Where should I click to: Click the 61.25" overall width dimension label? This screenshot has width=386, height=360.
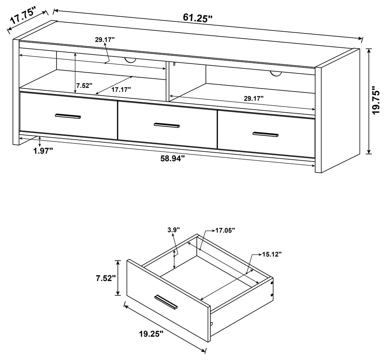tap(198, 18)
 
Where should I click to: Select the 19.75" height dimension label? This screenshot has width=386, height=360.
tap(376, 100)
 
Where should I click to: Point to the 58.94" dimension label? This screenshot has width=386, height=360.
tap(173, 159)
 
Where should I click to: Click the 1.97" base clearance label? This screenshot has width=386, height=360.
tap(43, 151)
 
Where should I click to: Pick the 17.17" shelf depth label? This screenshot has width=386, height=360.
tap(121, 90)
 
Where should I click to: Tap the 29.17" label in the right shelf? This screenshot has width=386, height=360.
tap(254, 99)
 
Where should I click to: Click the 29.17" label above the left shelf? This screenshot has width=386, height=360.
tap(105, 40)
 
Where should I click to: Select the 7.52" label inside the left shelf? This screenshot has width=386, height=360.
tap(84, 86)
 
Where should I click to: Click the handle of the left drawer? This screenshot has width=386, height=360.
tap(68, 116)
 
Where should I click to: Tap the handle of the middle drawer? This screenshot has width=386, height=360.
tap(167, 125)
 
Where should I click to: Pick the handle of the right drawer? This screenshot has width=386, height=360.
tap(266, 134)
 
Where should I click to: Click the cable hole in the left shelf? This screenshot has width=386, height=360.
tap(130, 61)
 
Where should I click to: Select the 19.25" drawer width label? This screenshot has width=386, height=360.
tap(151, 334)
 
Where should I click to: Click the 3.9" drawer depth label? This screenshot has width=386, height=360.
tap(174, 230)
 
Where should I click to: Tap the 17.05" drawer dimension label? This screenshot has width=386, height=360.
tap(225, 230)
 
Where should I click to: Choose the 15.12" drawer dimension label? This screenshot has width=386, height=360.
tap(271, 254)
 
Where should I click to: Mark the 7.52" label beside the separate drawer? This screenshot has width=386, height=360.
tap(106, 278)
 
